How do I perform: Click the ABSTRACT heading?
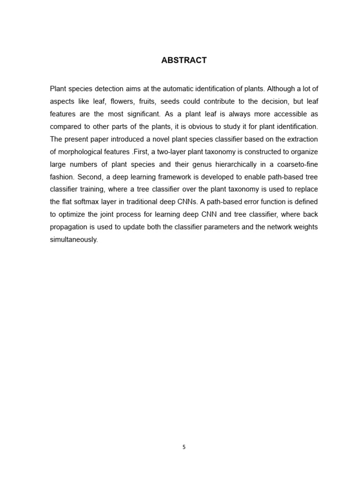pos(184,60)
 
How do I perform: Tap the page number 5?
pos(184,447)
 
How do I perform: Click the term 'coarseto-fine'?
pos(297,165)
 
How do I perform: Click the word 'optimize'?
pos(73,215)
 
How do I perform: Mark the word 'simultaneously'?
pos(74,240)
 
